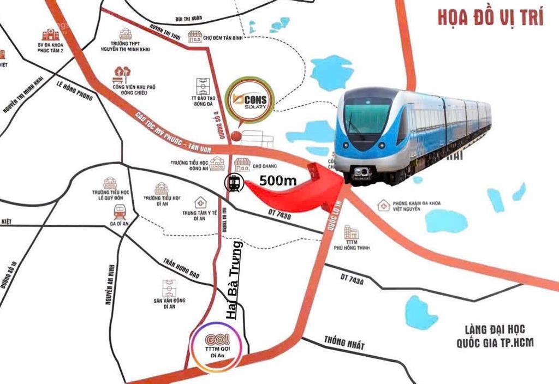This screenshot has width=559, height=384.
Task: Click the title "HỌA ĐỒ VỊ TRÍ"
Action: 490,17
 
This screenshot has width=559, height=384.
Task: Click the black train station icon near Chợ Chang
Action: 234,183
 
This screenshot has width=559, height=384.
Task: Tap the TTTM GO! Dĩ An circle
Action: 216,347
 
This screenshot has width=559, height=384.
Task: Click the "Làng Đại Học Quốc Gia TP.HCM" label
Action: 496,336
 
